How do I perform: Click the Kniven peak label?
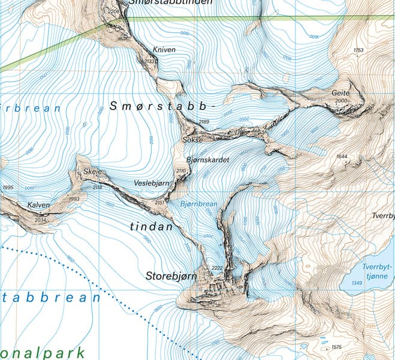pos(164,50)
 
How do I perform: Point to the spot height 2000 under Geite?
pos(342,101)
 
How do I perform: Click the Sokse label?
pos(191,140)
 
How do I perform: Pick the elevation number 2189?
pos(204,122)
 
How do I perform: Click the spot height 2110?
pos(181,172)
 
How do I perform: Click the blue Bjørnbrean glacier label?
pos(198,204)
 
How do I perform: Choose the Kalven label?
pos(38,205)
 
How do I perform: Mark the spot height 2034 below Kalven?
pos(40,220)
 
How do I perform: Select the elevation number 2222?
pos(217,268)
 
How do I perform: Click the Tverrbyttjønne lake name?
pos(377,271)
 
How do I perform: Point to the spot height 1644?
pos(342,157)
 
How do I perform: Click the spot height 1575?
pos(336,347)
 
